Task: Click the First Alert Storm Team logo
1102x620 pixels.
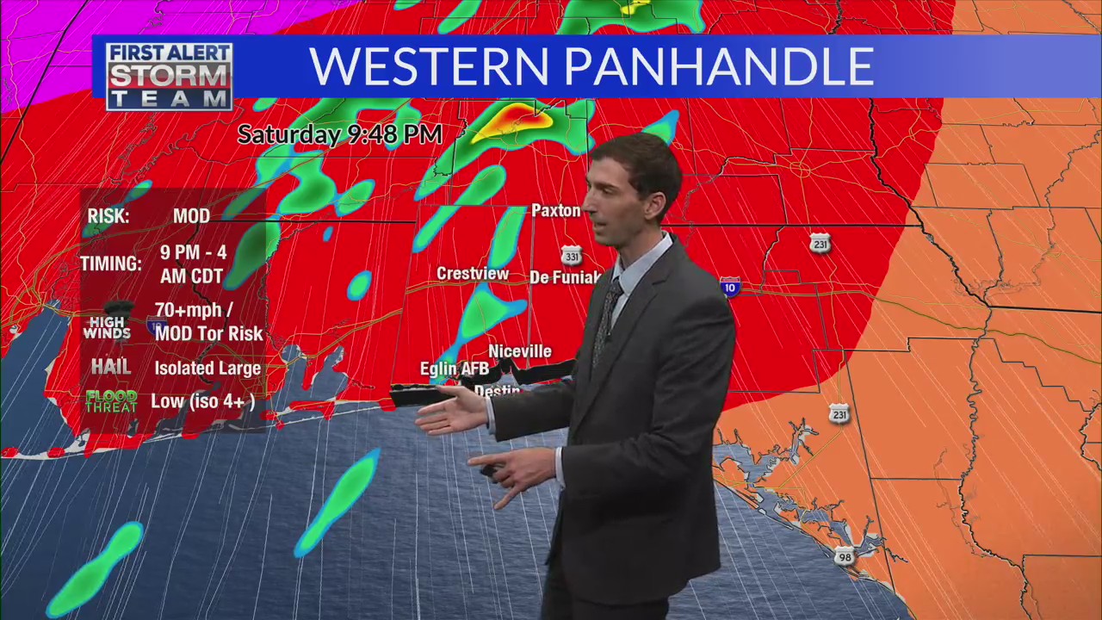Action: (169, 76)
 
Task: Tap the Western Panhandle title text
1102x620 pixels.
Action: (591, 66)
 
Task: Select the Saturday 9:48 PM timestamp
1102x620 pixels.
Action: (339, 135)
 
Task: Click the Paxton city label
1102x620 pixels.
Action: (556, 211)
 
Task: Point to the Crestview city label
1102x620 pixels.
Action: (473, 274)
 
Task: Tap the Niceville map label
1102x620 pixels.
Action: (519, 351)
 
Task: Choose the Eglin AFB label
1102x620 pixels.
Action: (454, 369)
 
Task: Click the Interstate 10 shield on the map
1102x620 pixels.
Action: (730, 288)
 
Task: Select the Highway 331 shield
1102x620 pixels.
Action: (571, 257)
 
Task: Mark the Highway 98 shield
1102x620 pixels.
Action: (844, 556)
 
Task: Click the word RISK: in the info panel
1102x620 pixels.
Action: (108, 216)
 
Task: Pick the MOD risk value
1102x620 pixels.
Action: (191, 216)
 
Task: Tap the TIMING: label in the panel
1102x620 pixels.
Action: (111, 263)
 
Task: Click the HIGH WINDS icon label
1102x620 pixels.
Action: (108, 327)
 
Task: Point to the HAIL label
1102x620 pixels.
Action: (111, 368)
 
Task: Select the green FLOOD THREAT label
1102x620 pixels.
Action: (111, 401)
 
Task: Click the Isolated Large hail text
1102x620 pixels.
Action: (207, 369)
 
